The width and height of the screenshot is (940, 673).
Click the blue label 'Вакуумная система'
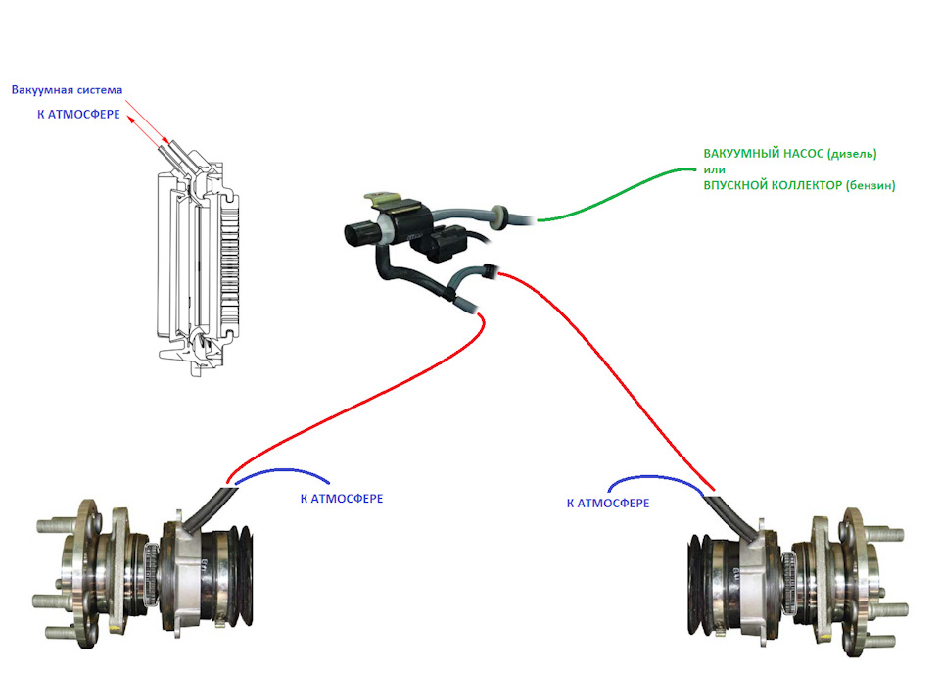[x=67, y=91]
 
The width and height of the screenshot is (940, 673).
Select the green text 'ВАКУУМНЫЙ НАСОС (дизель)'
[x=789, y=154]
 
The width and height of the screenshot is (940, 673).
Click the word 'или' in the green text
[x=714, y=169]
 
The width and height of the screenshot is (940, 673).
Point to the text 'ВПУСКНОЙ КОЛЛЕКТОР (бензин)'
[x=799, y=185]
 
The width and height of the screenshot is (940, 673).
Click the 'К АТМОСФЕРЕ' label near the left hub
[x=341, y=499]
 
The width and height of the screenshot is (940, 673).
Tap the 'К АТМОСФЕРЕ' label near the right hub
[x=608, y=503]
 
